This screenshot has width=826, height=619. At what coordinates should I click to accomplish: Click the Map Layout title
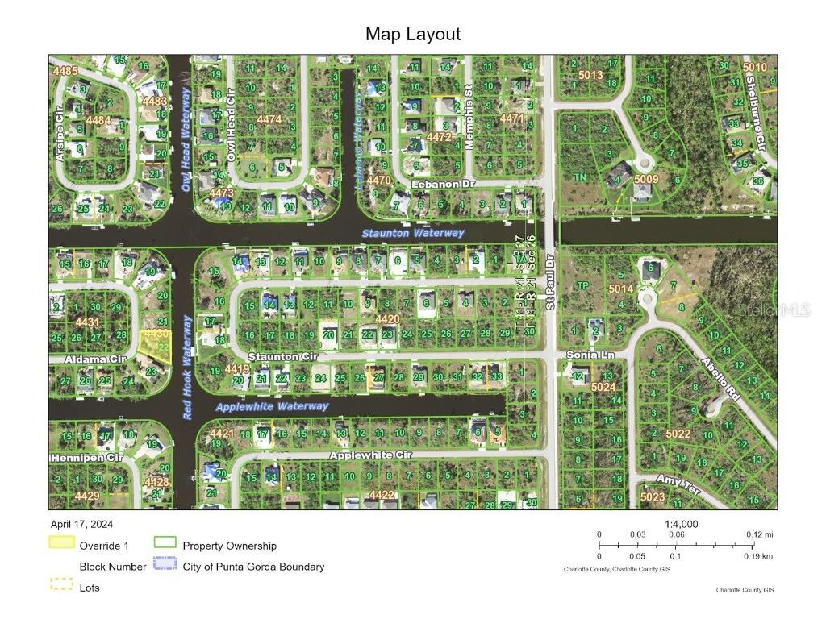[413, 34]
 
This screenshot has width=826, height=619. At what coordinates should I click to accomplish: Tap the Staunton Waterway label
[413, 233]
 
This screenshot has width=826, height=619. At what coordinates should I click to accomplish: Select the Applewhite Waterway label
[272, 407]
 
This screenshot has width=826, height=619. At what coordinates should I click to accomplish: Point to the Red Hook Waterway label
[187, 367]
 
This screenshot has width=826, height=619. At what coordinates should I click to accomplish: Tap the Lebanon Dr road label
[440, 184]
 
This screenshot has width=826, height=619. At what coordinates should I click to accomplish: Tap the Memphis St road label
[468, 127]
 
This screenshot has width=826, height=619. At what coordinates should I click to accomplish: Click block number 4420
[387, 319]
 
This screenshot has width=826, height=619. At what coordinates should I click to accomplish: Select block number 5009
[646, 179]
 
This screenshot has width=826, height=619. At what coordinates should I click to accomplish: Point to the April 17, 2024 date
[83, 524]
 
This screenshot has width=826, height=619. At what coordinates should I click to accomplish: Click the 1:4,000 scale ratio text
[681, 524]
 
